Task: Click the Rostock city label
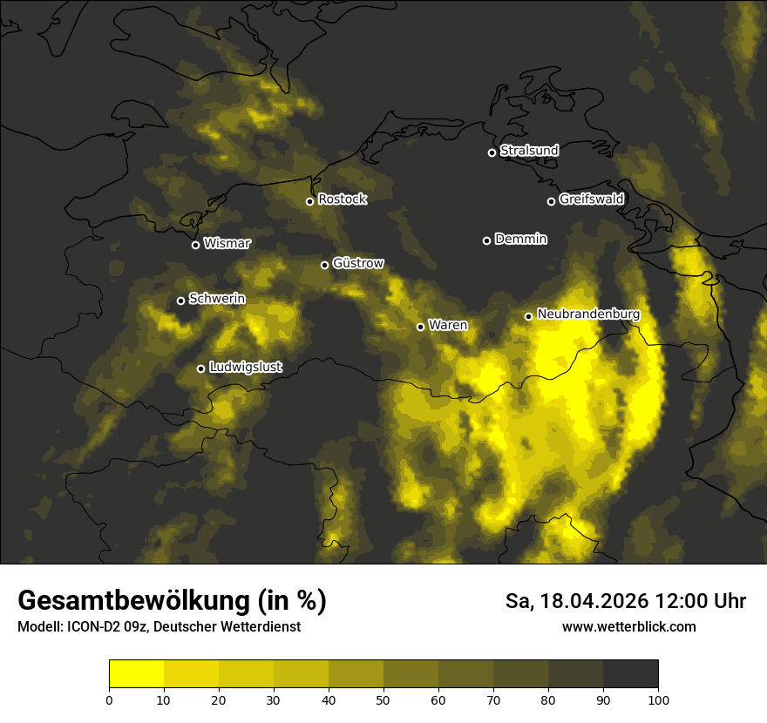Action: pyautogui.click(x=343, y=199)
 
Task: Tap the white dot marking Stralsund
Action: pyautogui.click(x=492, y=152)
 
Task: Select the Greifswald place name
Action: pyautogui.click(x=591, y=199)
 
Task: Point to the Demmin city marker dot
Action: pyautogui.click(x=486, y=240)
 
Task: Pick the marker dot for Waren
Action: pyautogui.click(x=420, y=327)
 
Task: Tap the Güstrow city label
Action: pyautogui.click(x=358, y=263)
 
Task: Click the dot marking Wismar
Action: pyautogui.click(x=195, y=245)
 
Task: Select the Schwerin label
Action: pyautogui.click(x=217, y=299)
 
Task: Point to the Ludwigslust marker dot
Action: pyautogui.click(x=200, y=368)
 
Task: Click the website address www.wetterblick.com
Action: pyautogui.click(x=628, y=626)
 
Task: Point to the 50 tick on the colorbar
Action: pyautogui.click(x=383, y=699)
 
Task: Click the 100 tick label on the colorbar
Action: pyautogui.click(x=658, y=699)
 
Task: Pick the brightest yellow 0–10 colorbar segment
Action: pyautogui.click(x=137, y=674)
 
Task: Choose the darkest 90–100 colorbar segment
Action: pyautogui.click(x=630, y=674)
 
